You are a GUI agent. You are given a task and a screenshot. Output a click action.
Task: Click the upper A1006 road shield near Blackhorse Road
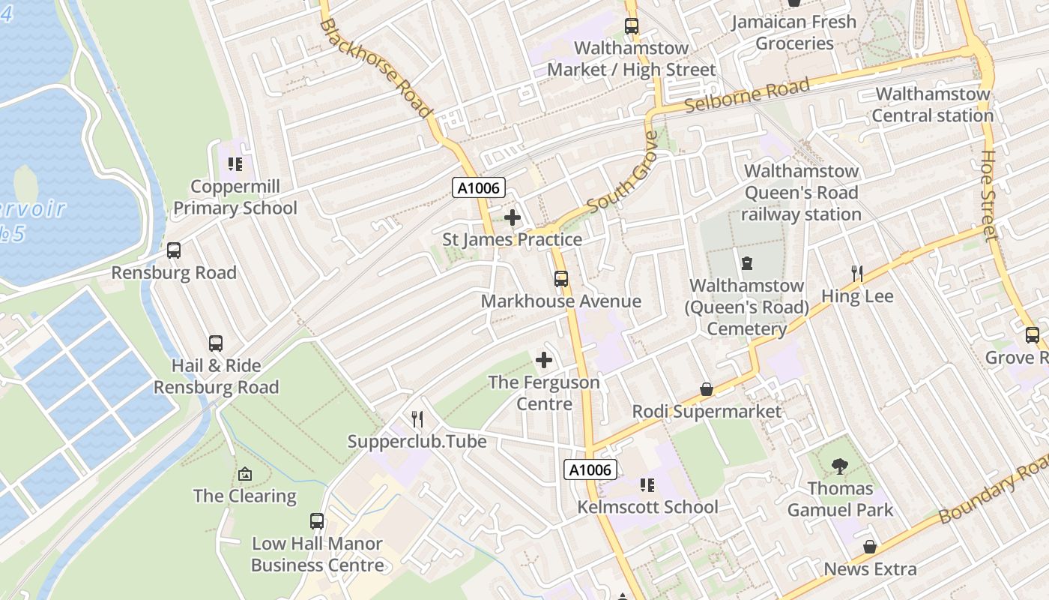coord(479,187)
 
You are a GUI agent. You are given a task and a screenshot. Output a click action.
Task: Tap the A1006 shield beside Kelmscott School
coord(590,470)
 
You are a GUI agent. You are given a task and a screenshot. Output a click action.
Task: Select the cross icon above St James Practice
coord(513,218)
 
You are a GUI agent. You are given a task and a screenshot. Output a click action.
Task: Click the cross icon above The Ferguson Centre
coord(544,360)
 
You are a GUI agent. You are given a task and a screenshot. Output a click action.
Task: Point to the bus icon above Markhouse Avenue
coord(561,279)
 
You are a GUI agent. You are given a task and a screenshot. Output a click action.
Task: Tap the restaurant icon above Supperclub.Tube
coord(417,419)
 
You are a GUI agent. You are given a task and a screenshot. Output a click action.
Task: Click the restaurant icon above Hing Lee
coord(857,274)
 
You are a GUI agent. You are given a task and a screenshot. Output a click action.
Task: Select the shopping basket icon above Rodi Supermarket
coord(706,389)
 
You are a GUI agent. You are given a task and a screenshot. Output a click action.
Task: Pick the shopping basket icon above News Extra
coord(870,547)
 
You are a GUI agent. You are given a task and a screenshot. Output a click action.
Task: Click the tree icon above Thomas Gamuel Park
coord(840,466)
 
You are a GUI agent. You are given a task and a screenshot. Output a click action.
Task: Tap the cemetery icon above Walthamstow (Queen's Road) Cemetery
coord(746,263)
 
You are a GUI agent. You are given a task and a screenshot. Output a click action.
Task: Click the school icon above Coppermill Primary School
coord(235,163)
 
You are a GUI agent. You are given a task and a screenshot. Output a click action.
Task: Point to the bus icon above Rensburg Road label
coord(174,250)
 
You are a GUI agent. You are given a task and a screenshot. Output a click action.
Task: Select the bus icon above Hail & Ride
coord(216,343)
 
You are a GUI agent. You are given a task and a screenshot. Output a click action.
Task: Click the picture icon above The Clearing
coord(244,474)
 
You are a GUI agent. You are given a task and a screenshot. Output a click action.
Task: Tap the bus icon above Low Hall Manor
coord(317,521)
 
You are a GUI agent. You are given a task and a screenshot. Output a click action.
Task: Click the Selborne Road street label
coord(747,95)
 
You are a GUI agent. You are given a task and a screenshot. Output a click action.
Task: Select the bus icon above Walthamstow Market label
coord(632,26)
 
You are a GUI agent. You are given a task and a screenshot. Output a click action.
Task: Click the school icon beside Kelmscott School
coord(647,485)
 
